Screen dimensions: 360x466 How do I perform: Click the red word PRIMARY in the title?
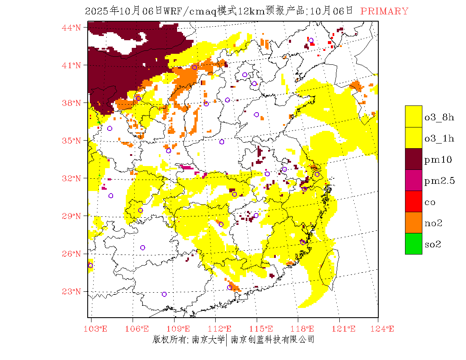coord(384,11)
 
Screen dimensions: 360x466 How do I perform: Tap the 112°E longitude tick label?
coord(222,329)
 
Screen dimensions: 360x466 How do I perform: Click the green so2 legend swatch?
coord(413,244)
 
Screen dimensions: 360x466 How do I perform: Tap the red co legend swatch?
coord(413,201)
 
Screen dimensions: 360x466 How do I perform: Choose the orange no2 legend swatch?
coord(413,222)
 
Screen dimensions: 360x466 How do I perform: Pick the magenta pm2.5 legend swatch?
coord(413,180)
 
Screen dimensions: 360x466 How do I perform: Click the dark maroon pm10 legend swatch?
coord(413,159)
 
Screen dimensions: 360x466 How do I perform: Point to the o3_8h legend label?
coord(439,117)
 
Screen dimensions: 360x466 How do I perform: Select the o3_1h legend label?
coord(439,138)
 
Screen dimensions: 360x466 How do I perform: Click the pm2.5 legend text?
coord(439,181)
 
